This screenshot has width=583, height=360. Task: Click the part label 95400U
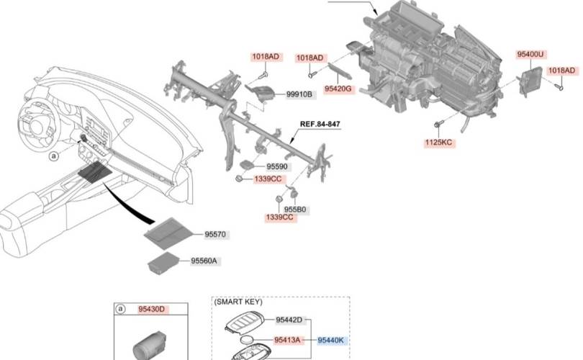tap(530, 55)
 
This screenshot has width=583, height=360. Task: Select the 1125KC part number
tap(439, 143)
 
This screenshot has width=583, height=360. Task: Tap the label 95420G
tap(338, 89)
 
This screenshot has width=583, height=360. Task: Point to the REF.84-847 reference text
tap(320, 124)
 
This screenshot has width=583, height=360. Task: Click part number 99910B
tap(299, 94)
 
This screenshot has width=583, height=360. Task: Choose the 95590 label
tap(277, 166)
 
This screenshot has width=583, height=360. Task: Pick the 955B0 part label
tap(295, 210)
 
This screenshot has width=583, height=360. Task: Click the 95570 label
tap(215, 234)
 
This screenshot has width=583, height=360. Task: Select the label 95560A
tap(204, 261)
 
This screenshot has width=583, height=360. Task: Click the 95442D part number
tap(289, 320)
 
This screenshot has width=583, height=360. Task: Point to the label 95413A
tap(287, 340)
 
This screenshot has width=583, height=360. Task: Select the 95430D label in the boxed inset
tap(151, 309)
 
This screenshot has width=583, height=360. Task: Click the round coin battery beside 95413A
tap(247, 340)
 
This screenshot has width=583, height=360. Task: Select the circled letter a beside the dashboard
tap(54, 156)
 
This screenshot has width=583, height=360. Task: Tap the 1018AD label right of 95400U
tap(561, 71)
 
